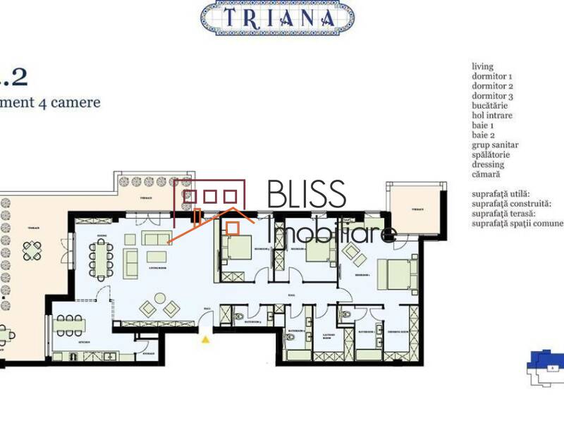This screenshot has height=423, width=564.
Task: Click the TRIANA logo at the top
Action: tap(277, 18)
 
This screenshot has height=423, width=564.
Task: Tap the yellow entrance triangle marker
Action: tap(205, 340)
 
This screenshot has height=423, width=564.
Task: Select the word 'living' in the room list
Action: tap(482, 66)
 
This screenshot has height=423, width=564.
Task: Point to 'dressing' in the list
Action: tap(488, 164)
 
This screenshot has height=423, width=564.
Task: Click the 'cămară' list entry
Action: tap(486, 174)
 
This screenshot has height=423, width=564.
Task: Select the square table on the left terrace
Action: tap(32, 250)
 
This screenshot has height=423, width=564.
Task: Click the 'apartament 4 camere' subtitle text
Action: tap(49, 102)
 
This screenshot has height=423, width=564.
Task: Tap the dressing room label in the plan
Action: tap(398, 332)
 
